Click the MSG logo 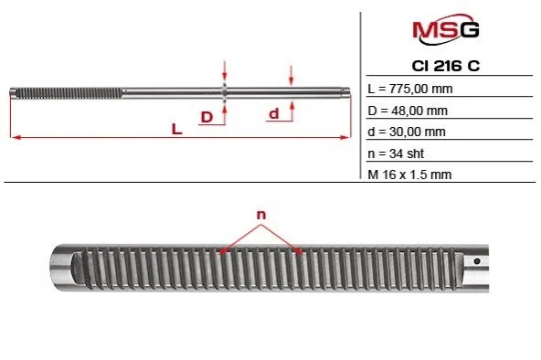pyautogui.click(x=446, y=29)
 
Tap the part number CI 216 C pyautogui.click(x=446, y=66)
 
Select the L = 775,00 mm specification pyautogui.click(x=410, y=89)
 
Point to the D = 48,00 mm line pyautogui.click(x=408, y=111)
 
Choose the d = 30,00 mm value pyautogui.click(x=407, y=132)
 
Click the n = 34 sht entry pyautogui.click(x=396, y=154)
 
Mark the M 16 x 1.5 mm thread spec pyautogui.click(x=409, y=175)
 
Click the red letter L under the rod pyautogui.click(x=176, y=130)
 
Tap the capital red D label pyautogui.click(x=207, y=117)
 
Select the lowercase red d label pyautogui.click(x=273, y=113)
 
